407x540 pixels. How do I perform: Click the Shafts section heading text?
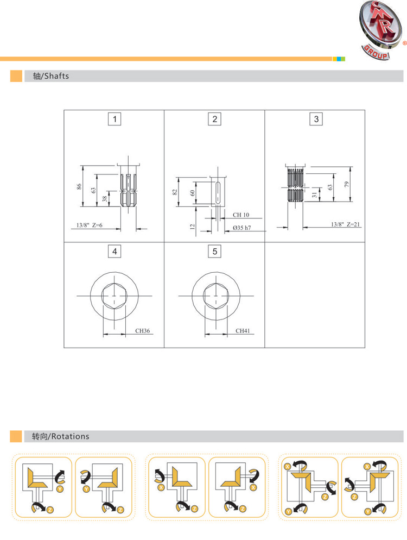coord(51,76)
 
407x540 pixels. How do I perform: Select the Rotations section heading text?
coord(61,436)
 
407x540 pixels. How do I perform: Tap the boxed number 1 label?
coord(115,119)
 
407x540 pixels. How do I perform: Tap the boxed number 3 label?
coord(316,119)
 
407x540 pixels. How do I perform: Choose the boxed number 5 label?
coord(215,252)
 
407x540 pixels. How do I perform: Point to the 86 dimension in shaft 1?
coord(79,186)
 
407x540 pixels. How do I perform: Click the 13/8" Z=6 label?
coord(90,225)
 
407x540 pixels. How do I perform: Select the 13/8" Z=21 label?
coord(346,224)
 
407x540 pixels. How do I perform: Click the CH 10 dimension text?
coord(241,215)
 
